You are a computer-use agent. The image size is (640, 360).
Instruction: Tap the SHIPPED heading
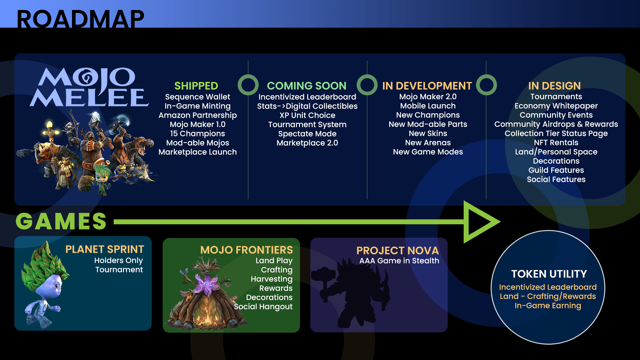click(x=196, y=86)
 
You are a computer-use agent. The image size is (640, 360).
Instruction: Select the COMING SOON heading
click(x=306, y=86)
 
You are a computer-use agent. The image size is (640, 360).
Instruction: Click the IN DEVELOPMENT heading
click(x=427, y=86)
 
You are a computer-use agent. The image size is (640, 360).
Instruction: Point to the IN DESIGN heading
click(x=554, y=86)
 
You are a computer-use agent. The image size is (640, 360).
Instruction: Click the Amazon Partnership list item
click(x=197, y=115)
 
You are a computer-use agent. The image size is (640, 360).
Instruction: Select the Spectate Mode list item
click(x=307, y=134)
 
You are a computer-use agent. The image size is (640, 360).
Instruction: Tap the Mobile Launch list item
click(x=428, y=106)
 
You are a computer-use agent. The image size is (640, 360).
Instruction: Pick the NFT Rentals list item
click(x=556, y=143)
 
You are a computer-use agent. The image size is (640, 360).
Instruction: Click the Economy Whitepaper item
click(x=556, y=106)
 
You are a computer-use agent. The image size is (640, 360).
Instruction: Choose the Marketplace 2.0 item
click(x=307, y=143)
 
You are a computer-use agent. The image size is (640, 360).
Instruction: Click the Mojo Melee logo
click(x=89, y=87)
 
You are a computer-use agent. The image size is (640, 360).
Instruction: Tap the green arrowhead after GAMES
click(x=480, y=222)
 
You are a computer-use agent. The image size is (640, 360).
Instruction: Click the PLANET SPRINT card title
click(x=105, y=249)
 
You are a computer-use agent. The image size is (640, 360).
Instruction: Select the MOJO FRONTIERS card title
click(x=246, y=250)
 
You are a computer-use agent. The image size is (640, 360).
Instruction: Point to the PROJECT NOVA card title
click(x=397, y=251)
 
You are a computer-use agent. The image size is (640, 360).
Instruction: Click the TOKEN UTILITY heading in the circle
click(x=549, y=274)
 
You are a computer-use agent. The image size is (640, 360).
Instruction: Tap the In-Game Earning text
click(x=548, y=306)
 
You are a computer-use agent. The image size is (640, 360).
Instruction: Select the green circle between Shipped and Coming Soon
click(x=248, y=85)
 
